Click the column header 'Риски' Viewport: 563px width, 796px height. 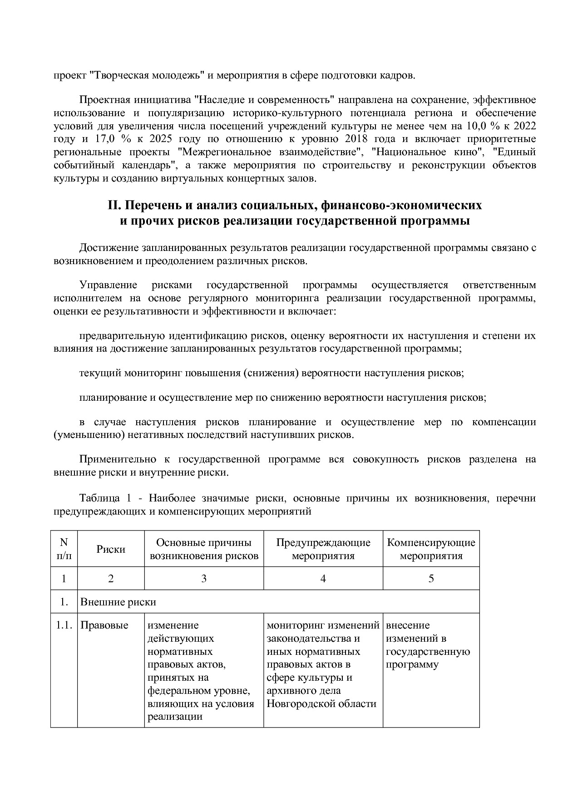point(111,549)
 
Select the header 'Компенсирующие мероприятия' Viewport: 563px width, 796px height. point(431,549)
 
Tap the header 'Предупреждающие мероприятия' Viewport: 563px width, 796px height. point(323,549)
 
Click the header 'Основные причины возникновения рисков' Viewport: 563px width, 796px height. point(204,549)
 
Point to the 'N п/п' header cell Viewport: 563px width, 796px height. point(64,549)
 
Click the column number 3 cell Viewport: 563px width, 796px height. point(204,579)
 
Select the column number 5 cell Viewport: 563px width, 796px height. point(431,579)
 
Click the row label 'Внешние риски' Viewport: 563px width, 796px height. point(118,602)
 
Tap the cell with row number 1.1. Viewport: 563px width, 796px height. point(64,625)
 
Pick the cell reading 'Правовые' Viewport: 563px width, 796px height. point(104,625)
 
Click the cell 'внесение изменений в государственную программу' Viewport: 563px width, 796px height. point(428,645)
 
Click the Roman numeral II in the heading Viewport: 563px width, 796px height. point(113,206)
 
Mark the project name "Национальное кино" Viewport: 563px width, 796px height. point(427,152)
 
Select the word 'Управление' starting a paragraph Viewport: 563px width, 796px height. point(108,285)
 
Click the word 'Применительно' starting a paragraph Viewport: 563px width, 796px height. point(118,459)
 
